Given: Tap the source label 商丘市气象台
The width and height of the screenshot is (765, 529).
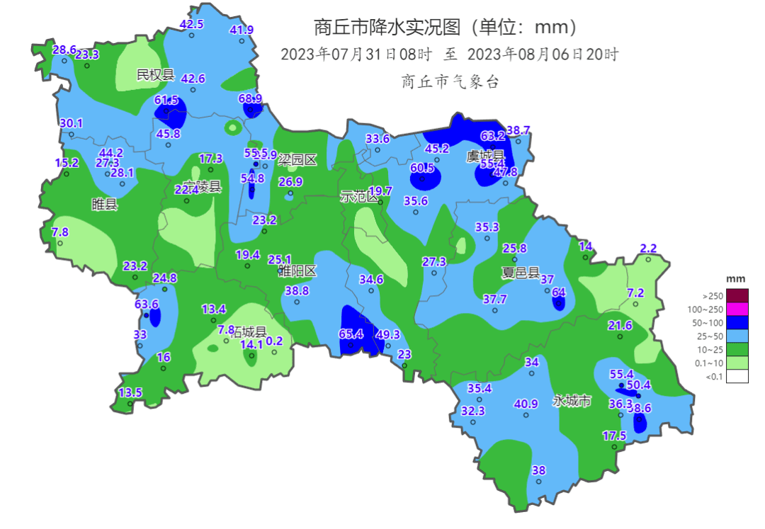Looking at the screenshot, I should pos(450,81).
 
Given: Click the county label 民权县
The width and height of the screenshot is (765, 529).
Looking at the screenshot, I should pos(155,74).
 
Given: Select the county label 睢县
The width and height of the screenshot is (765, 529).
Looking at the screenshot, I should pos(105,205).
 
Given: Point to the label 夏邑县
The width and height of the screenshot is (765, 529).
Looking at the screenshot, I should pos(520,273).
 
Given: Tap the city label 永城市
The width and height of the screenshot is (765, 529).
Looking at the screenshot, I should pos(572,401).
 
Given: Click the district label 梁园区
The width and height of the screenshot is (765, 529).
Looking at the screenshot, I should pos(297,160).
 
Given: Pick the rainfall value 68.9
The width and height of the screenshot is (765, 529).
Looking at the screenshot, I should pos(250,98).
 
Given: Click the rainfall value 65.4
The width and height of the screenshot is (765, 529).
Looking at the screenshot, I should pos(351,334).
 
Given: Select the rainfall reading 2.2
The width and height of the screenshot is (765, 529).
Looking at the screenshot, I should pos(648,248).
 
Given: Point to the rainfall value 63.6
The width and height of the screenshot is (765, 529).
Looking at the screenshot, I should pos(147,304).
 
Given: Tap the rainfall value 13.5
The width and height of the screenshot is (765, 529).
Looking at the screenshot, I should pos(130,392).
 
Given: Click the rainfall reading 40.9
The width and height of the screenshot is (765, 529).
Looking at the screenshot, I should pos(526,404).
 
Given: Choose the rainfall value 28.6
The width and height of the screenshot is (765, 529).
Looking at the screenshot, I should pos(64,50).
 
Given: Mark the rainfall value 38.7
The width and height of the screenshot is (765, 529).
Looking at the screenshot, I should pos(518,130).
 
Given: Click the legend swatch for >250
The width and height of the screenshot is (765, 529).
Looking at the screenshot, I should pos(736,295).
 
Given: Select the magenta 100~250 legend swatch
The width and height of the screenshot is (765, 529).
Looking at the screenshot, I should pos(736,309).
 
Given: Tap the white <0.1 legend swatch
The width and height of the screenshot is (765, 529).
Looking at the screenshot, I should pos(736,376).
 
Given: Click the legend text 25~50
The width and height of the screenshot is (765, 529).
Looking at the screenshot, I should pos(710,336).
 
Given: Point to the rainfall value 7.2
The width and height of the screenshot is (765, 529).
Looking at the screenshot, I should pos(635,292).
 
